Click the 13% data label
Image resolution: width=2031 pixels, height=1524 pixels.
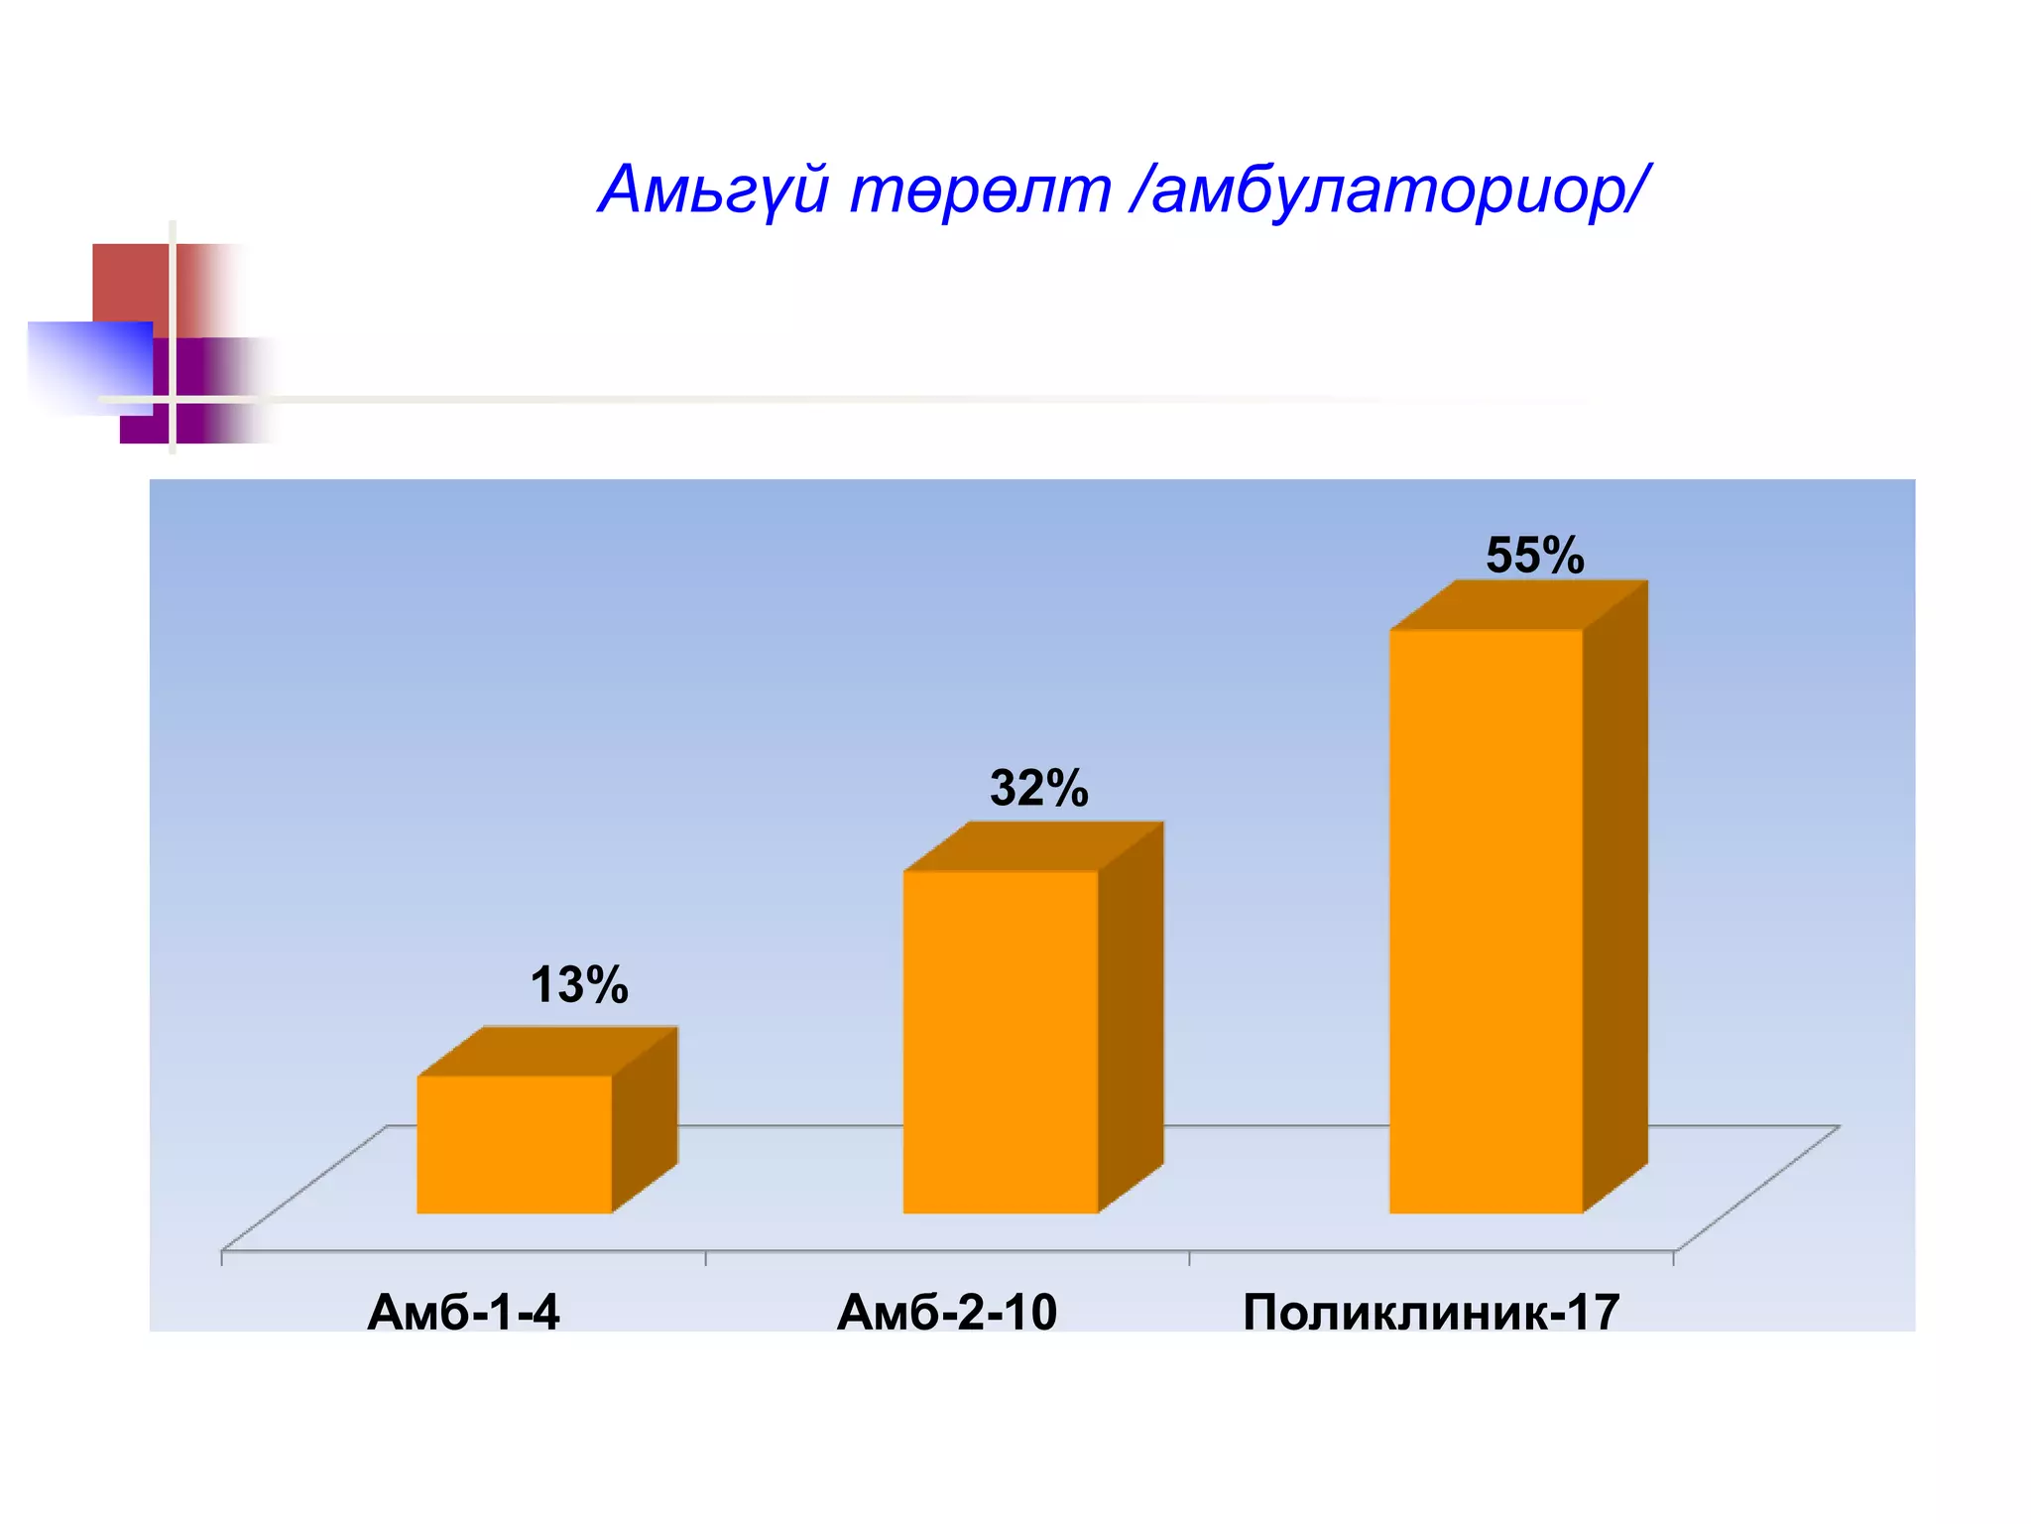click(x=579, y=985)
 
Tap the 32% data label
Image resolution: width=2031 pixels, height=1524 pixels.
click(x=1038, y=789)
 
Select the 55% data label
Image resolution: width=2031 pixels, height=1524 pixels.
click(x=1534, y=556)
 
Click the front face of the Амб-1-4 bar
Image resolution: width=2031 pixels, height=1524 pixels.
click(x=514, y=1144)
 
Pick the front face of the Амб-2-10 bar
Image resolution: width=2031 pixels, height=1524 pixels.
click(x=1000, y=1042)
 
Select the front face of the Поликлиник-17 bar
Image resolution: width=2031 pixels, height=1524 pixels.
click(x=1485, y=921)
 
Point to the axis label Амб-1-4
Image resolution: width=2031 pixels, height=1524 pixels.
click(x=463, y=1313)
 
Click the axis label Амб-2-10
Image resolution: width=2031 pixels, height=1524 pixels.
click(x=947, y=1313)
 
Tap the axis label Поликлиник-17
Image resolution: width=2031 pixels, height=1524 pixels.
click(x=1431, y=1313)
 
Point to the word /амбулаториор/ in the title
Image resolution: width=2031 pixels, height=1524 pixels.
click(x=1388, y=190)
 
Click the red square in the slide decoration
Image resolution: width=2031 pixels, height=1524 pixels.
click(x=134, y=282)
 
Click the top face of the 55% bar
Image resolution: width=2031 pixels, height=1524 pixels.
click(x=1519, y=605)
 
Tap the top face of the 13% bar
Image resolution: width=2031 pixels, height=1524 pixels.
click(x=547, y=1052)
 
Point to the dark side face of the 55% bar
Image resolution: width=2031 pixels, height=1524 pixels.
click(x=1615, y=898)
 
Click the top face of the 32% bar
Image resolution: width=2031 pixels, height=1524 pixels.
click(x=1032, y=846)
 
